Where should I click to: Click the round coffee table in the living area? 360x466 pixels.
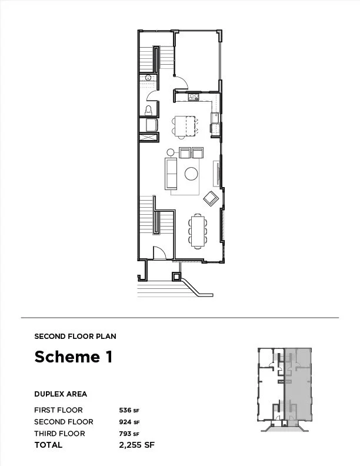click(x=191, y=174)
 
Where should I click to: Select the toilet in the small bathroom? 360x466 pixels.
click(x=148, y=111)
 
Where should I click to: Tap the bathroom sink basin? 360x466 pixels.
click(x=148, y=78)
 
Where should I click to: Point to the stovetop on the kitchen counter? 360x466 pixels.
click(x=194, y=97)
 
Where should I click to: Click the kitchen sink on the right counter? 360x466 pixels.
click(x=215, y=118)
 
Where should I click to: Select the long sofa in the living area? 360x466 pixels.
click(x=171, y=174)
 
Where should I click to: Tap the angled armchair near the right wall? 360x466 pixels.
click(x=211, y=198)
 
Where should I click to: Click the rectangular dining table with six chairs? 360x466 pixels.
click(x=198, y=231)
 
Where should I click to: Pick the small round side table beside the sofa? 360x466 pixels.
click(x=171, y=152)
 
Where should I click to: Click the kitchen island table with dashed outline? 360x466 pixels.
click(x=185, y=126)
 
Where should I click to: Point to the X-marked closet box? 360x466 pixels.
click(x=148, y=138)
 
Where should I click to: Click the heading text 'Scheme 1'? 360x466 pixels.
click(x=74, y=357)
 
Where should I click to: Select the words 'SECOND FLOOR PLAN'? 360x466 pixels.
click(x=75, y=337)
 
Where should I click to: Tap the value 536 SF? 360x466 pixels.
click(x=129, y=410)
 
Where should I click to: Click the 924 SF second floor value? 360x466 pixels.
click(x=129, y=422)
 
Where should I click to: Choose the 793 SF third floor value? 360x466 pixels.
click(x=129, y=434)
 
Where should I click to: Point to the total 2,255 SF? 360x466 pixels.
click(x=137, y=445)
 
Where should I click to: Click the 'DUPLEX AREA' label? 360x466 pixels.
click(x=61, y=394)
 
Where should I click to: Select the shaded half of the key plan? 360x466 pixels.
click(x=298, y=385)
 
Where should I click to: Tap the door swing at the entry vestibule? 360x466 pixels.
click(x=159, y=252)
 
